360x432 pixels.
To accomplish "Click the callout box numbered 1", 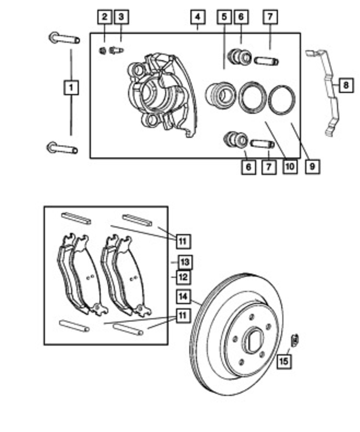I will (x=71, y=88).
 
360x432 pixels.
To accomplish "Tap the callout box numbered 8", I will (x=344, y=85).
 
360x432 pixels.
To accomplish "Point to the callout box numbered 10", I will (x=289, y=166).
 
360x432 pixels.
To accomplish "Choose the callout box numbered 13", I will (x=184, y=262).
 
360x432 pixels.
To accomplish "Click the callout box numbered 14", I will (x=183, y=297).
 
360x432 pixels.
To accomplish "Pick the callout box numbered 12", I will (x=183, y=277).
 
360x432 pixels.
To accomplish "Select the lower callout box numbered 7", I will (x=268, y=166).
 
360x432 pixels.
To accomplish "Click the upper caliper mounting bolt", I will (x=63, y=39).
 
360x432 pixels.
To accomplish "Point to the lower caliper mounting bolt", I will (x=62, y=148).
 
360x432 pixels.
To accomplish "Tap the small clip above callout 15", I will (x=294, y=340).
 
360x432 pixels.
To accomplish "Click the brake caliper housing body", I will (x=158, y=92).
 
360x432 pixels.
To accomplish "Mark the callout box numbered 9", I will (x=312, y=166).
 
